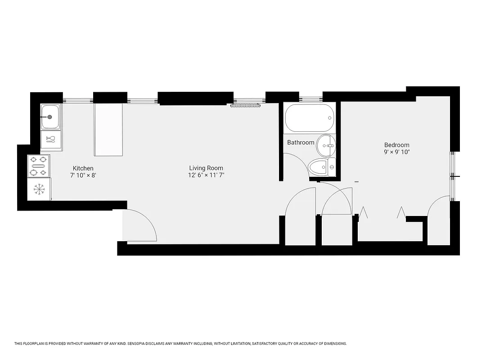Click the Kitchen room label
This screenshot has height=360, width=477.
83,168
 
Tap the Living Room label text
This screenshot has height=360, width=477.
206,168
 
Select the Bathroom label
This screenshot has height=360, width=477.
301,143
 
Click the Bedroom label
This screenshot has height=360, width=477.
396,145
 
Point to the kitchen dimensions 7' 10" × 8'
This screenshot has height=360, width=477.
83,175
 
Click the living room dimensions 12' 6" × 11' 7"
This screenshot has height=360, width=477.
206,175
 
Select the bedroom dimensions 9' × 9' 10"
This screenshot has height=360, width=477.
396,152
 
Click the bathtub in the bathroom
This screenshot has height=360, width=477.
310,118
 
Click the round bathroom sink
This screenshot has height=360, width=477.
326,145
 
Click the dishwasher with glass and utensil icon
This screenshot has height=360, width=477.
51,139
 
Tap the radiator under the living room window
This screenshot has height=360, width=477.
246,106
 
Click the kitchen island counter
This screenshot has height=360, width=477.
108,130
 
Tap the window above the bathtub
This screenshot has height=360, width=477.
310,99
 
